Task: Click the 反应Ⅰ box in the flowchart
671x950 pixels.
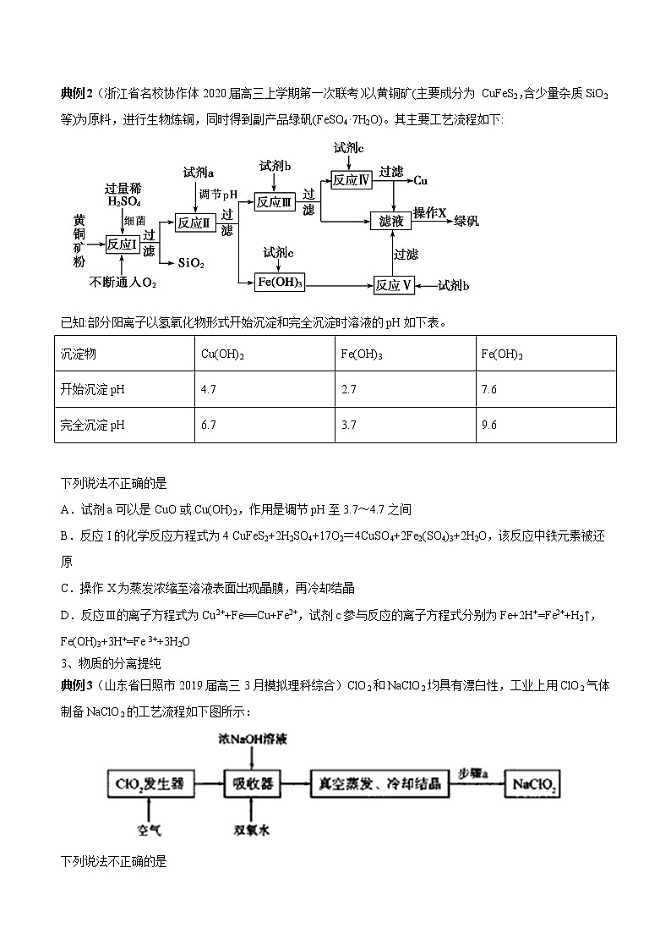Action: [122, 244]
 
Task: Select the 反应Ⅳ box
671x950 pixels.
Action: [352, 180]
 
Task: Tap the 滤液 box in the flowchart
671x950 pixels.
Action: [391, 220]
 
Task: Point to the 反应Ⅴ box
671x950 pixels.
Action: [395, 285]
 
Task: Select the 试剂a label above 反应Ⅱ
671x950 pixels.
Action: [198, 173]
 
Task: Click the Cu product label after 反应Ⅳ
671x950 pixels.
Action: [420, 180]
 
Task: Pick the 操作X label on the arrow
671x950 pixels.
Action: [429, 212]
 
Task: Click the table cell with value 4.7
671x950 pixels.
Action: [206, 390]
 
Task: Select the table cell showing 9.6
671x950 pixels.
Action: [488, 425]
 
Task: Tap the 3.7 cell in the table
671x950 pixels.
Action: [348, 425]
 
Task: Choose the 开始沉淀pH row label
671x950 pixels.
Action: [93, 390]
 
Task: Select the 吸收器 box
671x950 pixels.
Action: [252, 784]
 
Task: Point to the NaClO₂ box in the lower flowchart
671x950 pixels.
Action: [533, 784]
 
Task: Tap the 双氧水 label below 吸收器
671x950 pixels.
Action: [252, 831]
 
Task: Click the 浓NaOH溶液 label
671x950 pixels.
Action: [252, 739]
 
